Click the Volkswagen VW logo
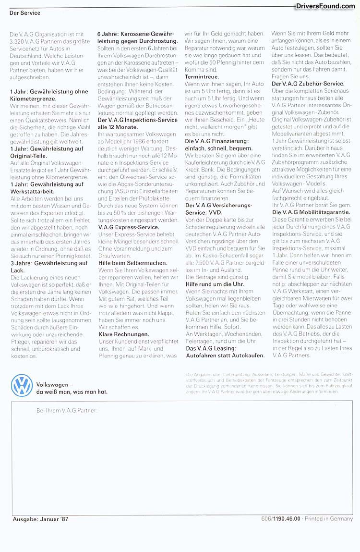[22, 386]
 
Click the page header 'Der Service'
[24, 13]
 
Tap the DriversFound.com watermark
[325, 6]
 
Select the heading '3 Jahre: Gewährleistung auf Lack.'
[48, 267]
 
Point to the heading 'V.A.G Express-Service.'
[128, 226]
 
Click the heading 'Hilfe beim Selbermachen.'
[132, 263]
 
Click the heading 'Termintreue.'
[202, 76]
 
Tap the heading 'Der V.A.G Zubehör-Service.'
[308, 84]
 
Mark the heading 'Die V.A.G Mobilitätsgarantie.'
[311, 212]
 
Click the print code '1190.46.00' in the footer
[287, 519]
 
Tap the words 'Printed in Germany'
[330, 519]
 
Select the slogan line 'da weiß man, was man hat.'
[72, 392]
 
